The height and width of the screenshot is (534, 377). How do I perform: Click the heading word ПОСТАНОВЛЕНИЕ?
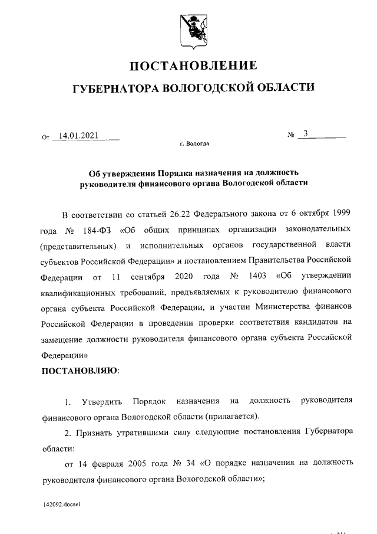pos(193,65)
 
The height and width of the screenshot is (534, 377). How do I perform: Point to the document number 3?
pos(306,134)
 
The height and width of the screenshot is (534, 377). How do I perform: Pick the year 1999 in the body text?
pos(340,212)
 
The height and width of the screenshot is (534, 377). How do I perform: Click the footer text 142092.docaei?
pos(62,506)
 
